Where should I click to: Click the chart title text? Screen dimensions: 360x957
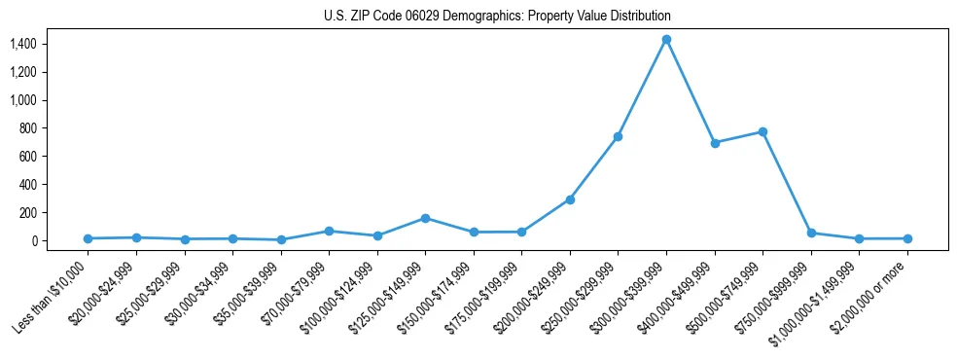coord(497,17)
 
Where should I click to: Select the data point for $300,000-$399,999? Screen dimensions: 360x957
coord(666,39)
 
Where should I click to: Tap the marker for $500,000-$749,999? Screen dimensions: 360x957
coord(762,131)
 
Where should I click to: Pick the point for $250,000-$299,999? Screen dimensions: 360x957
coord(618,136)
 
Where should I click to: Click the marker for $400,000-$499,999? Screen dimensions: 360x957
coord(715,143)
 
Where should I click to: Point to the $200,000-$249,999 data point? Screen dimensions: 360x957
coord(570,199)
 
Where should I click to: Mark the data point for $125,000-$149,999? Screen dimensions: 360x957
coord(425,218)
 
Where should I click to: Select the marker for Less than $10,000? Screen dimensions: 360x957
coord(88,238)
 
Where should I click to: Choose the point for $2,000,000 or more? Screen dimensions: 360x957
coord(907,238)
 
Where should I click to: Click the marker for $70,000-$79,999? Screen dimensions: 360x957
coord(329,231)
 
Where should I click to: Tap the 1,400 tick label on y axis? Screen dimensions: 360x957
coord(22,44)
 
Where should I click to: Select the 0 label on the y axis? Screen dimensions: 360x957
coord(33,240)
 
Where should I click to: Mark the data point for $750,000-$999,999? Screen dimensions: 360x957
coord(811,233)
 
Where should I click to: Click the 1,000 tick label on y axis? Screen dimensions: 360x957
coord(22,100)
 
